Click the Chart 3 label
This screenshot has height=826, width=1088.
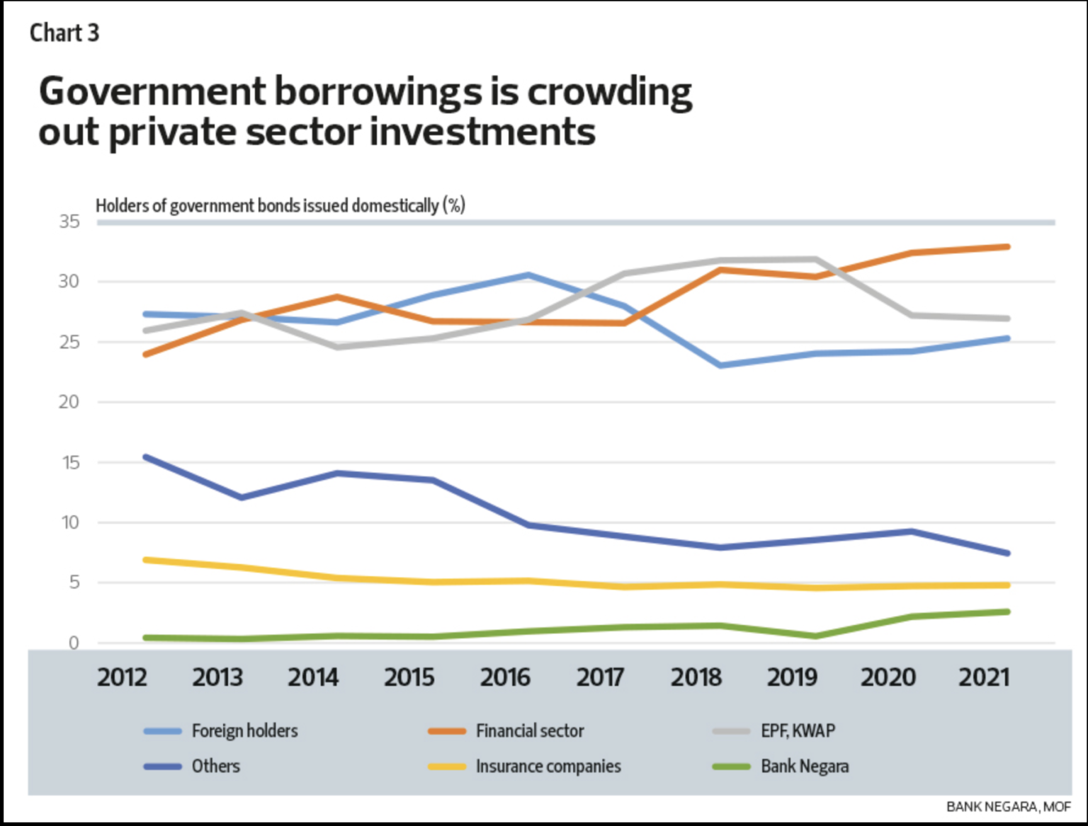tap(64, 33)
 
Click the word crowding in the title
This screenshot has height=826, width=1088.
tap(609, 92)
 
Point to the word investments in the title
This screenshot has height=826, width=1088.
tap(482, 132)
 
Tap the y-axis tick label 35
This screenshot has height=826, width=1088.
tap(69, 222)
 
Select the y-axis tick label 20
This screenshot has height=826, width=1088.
tap(69, 402)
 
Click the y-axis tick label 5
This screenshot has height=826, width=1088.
tap(74, 583)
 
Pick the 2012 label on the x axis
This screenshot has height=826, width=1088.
tap(122, 677)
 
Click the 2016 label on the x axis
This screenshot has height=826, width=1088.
tap(505, 677)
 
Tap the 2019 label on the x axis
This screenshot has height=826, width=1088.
tap(792, 677)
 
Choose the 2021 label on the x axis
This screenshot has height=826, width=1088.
tap(984, 677)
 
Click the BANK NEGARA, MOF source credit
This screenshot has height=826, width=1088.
tap(1008, 806)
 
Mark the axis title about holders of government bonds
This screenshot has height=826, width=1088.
tap(280, 205)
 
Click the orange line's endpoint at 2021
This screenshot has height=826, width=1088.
tap(1007, 247)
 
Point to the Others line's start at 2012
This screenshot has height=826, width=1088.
tap(146, 457)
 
